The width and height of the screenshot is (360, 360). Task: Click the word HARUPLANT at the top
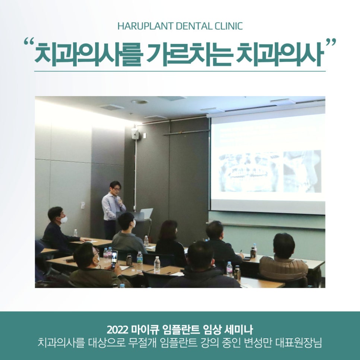point(140,26)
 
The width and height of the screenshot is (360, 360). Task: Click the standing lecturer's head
point(115,186)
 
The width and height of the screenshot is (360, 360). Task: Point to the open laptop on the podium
point(146,214)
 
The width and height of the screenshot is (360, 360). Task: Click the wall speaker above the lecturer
point(135,133)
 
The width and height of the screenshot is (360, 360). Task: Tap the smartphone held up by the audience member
point(114,258)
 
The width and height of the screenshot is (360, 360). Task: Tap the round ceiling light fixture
point(139,102)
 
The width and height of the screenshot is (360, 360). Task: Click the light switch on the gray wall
point(83,205)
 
